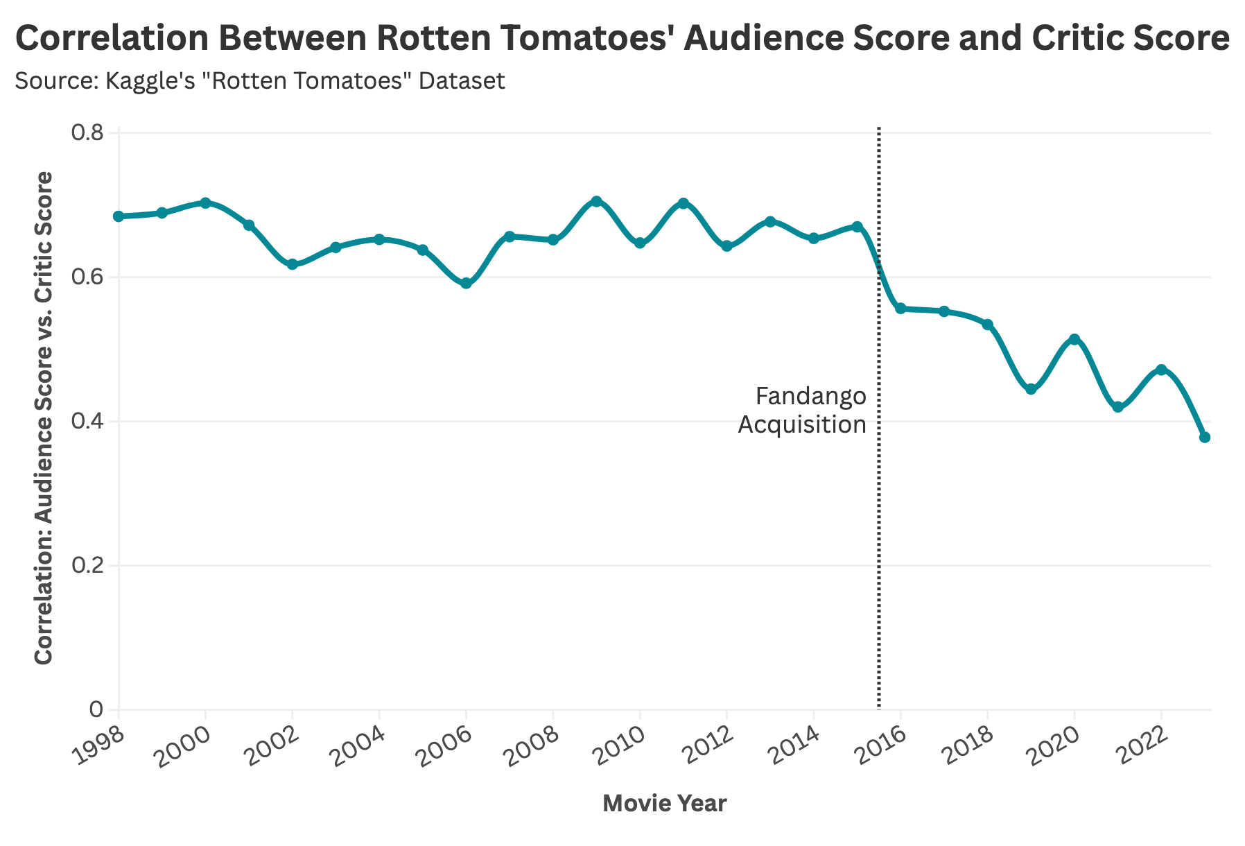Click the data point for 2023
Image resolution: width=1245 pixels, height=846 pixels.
(1204, 438)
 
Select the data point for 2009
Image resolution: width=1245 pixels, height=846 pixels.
(596, 201)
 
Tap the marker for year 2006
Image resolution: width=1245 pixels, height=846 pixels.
(466, 284)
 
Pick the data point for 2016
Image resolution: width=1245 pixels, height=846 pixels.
(900, 309)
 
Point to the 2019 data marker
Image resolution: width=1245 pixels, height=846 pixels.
(1031, 390)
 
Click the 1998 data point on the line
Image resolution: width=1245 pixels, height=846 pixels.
(119, 216)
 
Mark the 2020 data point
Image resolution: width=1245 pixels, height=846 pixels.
(1074, 339)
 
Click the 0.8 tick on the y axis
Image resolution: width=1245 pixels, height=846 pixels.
(87, 133)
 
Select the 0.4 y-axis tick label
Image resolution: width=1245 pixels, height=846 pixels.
(87, 422)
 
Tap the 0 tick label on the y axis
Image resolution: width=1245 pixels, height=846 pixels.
(96, 710)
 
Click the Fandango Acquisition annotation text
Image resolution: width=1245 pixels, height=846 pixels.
(803, 411)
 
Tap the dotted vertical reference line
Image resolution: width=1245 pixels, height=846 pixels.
(879, 555)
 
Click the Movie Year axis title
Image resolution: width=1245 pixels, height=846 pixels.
(665, 804)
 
